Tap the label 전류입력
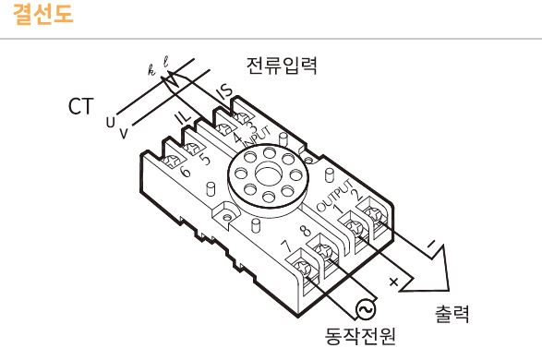click(x=282, y=66)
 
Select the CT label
click(x=80, y=106)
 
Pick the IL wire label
click(x=184, y=117)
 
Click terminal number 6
click(x=186, y=172)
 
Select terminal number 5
click(x=205, y=158)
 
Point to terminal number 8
click(x=304, y=231)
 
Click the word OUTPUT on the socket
click(x=331, y=195)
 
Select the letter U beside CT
click(x=111, y=121)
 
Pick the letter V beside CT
click(x=123, y=133)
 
